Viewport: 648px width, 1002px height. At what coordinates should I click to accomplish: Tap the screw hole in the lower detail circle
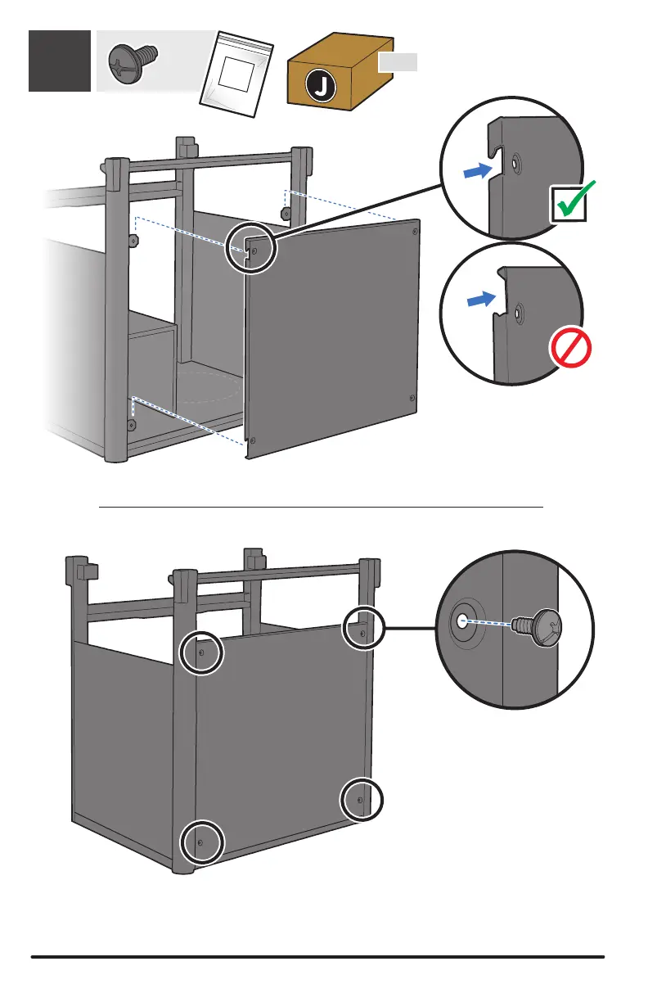click(x=462, y=620)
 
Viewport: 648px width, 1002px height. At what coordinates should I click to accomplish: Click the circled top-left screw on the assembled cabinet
click(x=201, y=652)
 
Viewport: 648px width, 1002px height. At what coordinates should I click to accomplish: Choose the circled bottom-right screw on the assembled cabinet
click(x=360, y=800)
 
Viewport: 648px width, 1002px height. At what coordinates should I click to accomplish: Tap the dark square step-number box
click(x=60, y=61)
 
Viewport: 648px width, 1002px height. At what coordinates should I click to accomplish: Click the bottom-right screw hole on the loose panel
click(x=412, y=398)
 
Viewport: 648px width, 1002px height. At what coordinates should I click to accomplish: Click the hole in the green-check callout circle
click(x=513, y=164)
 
